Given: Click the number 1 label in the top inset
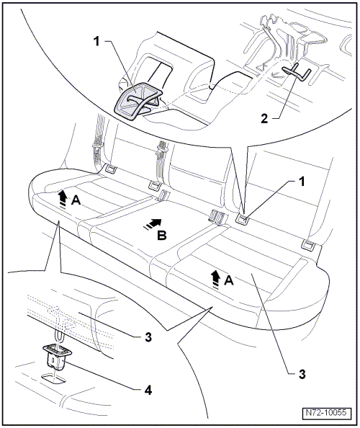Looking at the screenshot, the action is point(96,42).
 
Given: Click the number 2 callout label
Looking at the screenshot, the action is point(264,118).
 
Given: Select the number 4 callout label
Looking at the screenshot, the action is point(148,391).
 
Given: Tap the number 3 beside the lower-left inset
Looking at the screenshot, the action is point(148,337).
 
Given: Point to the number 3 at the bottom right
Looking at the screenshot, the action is point(302,374).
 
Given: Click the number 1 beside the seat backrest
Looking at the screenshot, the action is point(302,182).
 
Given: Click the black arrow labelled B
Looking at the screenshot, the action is point(153,223).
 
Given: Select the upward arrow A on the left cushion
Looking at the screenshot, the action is point(63,199).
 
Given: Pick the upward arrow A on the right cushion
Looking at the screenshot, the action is point(216,279).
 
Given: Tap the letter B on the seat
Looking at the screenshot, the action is point(162,236).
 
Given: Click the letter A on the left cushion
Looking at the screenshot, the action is point(76,200).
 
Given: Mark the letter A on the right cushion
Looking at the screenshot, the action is point(229,280).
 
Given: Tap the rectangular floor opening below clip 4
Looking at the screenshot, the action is point(54,379).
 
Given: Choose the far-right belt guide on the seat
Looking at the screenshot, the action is point(310,245).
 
